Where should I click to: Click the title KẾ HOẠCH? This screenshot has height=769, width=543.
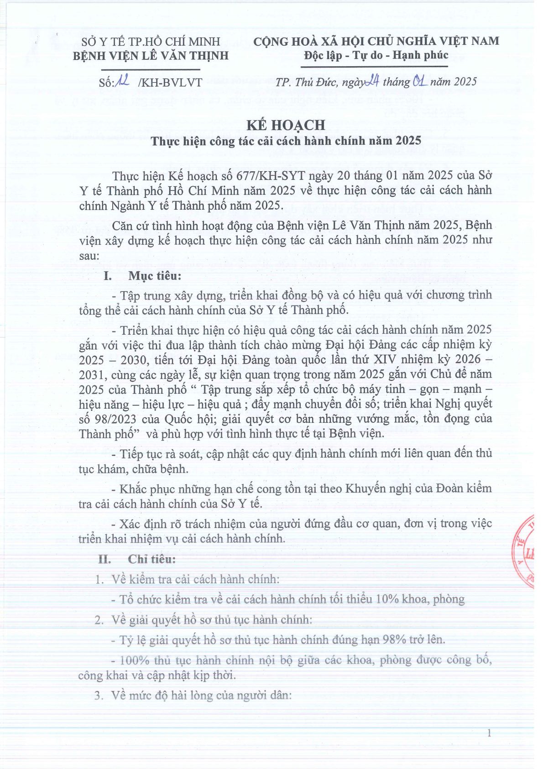[286, 125]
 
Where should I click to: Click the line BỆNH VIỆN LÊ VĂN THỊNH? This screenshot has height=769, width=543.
[151, 56]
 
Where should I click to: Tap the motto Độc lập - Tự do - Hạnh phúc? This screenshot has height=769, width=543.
[376, 55]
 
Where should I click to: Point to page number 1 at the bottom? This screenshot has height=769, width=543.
[489, 733]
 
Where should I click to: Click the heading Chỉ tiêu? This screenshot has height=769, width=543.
[151, 559]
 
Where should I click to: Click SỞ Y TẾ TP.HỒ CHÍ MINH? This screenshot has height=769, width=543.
[151, 42]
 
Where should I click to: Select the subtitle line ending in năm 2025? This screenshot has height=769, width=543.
[286, 141]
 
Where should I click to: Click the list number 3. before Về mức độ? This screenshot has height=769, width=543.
[99, 695]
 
